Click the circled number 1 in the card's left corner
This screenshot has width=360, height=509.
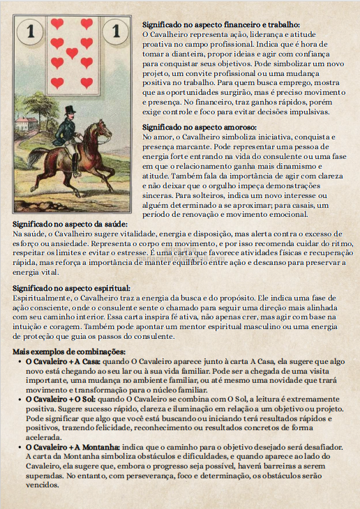point(29,31)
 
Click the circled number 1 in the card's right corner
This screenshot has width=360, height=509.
point(115,31)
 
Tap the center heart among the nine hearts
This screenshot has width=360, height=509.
point(72,53)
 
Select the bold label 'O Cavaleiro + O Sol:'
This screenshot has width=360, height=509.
point(61,400)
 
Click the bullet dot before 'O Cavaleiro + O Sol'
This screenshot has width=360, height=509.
point(19,400)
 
